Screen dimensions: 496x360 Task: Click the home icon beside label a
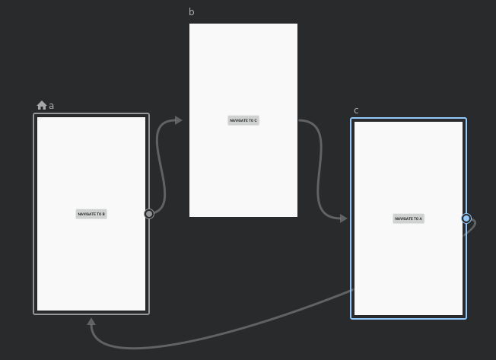point(42,106)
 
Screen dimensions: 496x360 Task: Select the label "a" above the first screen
point(52,106)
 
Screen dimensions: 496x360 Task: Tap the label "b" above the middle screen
point(192,12)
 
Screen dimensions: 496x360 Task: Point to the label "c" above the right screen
point(356,110)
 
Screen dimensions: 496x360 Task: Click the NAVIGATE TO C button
point(243,120)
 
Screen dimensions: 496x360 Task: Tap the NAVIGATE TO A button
point(409,218)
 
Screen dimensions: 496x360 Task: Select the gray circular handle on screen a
point(149,214)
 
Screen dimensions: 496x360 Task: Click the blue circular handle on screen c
point(466,218)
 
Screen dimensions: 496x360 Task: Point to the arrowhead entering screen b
point(178,120)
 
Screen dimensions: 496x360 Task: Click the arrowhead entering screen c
point(343,218)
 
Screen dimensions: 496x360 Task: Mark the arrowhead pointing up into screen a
point(91,322)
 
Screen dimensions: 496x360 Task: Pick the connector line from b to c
point(319,167)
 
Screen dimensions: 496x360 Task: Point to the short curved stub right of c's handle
point(472,227)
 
